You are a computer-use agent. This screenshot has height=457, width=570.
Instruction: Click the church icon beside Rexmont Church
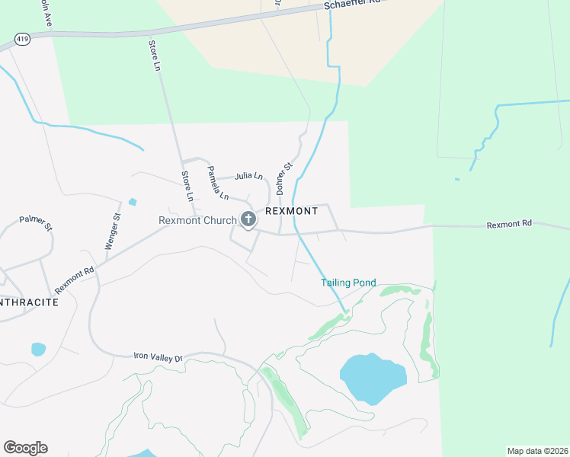point(248,220)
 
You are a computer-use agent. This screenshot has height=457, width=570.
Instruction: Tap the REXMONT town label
point(291,211)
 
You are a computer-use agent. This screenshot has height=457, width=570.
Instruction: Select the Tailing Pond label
point(348,283)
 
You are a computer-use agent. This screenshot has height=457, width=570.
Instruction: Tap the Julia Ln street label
point(248,176)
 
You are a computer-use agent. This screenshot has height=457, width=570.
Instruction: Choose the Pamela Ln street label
point(218,184)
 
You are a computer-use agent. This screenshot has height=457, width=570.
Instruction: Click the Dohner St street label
point(283,176)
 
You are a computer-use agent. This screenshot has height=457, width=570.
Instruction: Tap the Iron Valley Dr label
point(159,356)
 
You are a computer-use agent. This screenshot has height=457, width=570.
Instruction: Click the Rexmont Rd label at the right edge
point(508,224)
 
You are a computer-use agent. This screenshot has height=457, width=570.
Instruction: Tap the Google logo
point(25,448)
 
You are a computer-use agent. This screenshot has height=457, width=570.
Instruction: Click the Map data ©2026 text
point(537,450)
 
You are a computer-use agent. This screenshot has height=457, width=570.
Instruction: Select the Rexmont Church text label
point(197,221)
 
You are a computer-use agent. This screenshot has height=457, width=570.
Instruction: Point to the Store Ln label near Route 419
point(155,56)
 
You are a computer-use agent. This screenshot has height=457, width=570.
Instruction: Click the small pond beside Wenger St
point(133,202)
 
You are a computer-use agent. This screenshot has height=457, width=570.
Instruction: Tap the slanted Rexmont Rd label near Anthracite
point(74,275)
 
